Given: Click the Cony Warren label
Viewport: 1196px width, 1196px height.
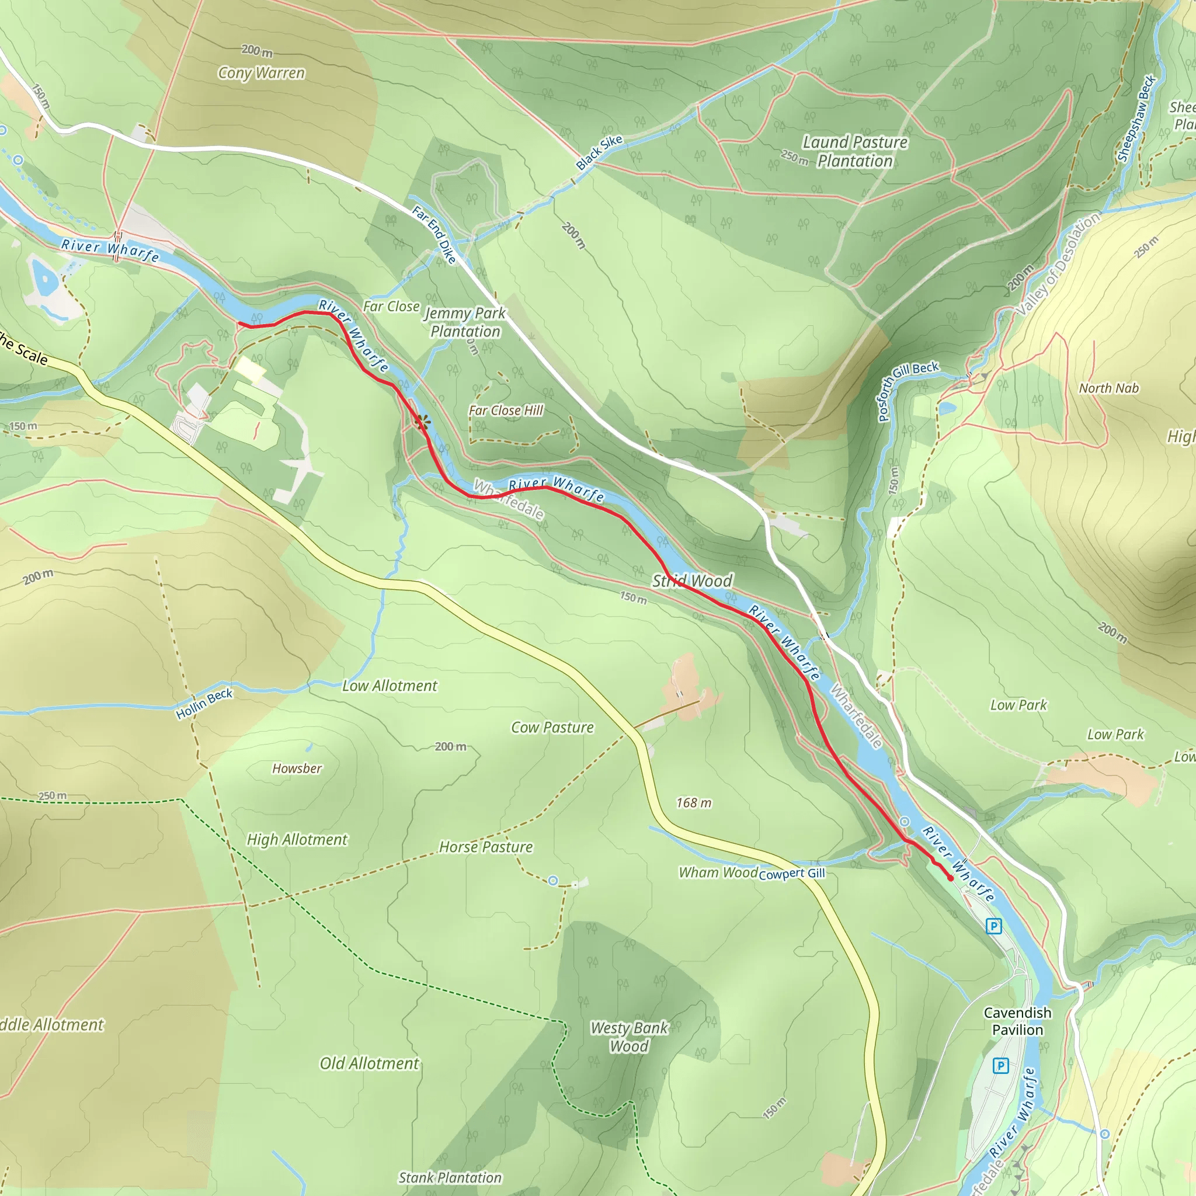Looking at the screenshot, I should click(x=261, y=73).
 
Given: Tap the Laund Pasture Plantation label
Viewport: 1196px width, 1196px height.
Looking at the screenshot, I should click(x=854, y=152).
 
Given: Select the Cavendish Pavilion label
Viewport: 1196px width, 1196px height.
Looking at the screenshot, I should click(x=1017, y=1021).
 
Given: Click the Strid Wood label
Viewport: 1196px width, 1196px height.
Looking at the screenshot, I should click(x=692, y=580).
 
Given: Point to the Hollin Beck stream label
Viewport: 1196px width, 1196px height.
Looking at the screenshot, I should click(x=204, y=704).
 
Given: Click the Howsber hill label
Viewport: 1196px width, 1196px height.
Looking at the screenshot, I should click(x=297, y=769).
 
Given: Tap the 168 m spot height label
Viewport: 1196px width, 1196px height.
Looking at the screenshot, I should click(x=693, y=803).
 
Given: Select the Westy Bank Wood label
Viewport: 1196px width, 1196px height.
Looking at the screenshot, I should click(x=629, y=1037).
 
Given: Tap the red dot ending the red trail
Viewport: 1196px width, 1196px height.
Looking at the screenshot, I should click(x=950, y=878).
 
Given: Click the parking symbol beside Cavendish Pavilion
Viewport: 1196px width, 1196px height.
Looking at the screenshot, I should click(x=1000, y=1065).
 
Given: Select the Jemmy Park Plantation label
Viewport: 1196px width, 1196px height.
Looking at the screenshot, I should click(x=465, y=322).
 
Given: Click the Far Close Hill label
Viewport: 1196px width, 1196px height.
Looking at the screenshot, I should click(x=505, y=411).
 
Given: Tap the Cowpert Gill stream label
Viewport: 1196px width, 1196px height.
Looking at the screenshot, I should click(x=792, y=874).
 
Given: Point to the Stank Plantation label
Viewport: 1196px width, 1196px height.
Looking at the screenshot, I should click(x=450, y=1177).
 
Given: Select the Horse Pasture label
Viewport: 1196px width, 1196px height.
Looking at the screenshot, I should click(x=486, y=847).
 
